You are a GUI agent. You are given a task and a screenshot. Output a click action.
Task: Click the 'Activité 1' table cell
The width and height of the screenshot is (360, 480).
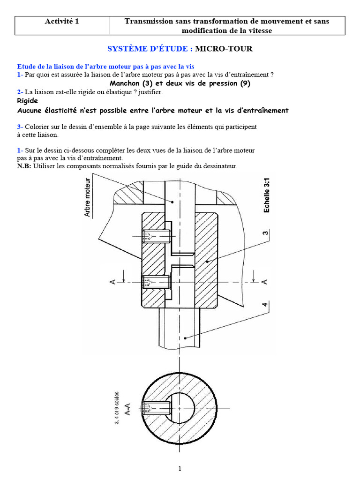(x=61, y=21)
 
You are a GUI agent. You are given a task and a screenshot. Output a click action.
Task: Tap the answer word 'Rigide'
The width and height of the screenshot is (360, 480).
(x=27, y=101)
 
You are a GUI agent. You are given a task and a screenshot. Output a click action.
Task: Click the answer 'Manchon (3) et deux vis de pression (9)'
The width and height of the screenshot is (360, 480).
(x=180, y=84)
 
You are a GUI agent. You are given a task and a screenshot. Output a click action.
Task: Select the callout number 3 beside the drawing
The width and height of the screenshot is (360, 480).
(x=265, y=232)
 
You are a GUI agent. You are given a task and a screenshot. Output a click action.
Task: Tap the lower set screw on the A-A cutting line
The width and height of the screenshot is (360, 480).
(x=156, y=282)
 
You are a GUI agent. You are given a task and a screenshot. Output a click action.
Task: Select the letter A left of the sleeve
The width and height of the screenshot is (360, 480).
(x=112, y=281)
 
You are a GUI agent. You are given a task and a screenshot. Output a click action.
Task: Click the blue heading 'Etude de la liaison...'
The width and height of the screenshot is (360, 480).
(x=105, y=67)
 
